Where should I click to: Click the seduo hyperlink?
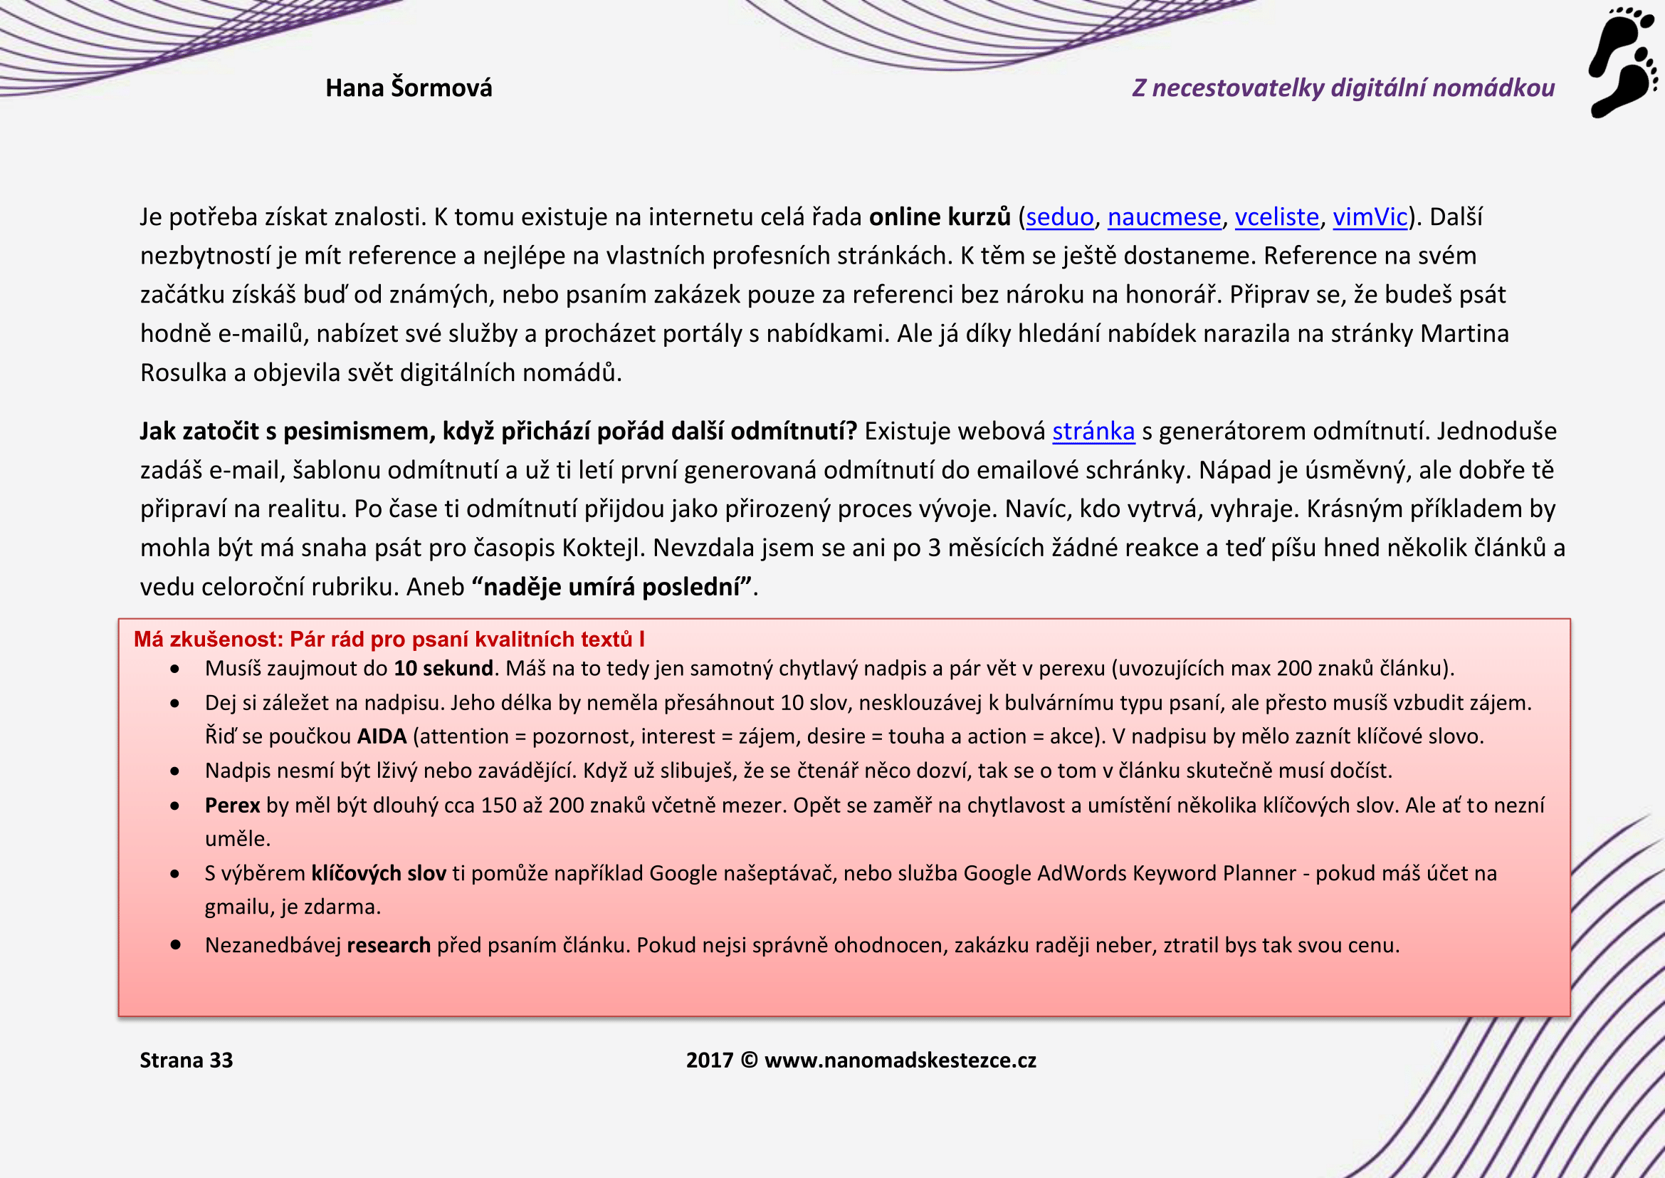pos(1059,217)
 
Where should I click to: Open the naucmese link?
pos(1164,217)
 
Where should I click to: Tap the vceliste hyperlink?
pos(1276,217)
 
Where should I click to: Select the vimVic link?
pos(1370,217)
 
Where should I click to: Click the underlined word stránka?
pos(1093,432)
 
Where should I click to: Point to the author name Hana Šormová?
pos(409,88)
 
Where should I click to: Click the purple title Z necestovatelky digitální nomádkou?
pos(1343,88)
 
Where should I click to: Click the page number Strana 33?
pos(187,1060)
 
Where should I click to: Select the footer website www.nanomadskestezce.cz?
pos(900,1060)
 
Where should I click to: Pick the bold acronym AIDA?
pos(382,736)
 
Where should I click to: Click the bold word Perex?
pos(232,806)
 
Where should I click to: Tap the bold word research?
pos(389,945)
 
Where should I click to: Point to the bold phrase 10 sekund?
pos(443,668)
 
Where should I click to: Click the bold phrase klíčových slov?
pos(379,872)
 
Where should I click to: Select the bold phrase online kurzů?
pos(940,217)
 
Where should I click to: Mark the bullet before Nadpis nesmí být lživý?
pos(175,771)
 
